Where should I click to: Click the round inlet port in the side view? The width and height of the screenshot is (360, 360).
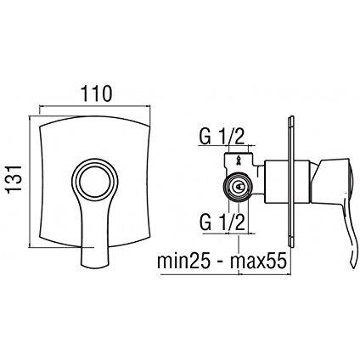coord(240,188)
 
